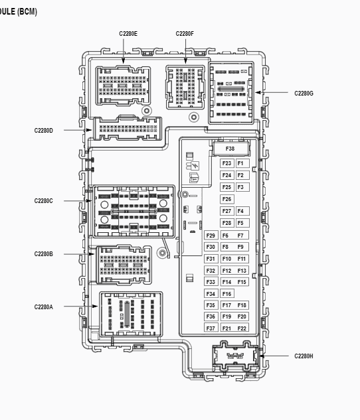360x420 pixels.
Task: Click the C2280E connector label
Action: point(128,34)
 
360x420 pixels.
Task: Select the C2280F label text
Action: point(185,34)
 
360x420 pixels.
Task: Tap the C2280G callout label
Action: point(304,93)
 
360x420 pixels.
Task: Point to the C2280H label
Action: point(304,356)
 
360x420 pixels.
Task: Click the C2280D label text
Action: point(43,131)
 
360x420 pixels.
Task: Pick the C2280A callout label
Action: point(43,307)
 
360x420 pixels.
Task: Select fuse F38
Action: point(230,149)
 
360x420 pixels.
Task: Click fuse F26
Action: point(226,199)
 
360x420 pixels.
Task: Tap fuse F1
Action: point(242,163)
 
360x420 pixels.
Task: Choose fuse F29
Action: point(211,236)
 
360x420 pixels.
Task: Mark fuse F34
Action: point(211,294)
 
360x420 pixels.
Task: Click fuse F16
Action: point(226,294)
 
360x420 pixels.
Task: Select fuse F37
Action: point(211,328)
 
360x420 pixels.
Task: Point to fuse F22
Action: point(242,328)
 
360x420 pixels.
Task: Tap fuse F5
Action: point(242,223)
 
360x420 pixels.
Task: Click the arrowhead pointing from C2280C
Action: point(89,200)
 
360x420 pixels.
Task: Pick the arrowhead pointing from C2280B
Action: point(92,254)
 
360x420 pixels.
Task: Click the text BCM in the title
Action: point(27,12)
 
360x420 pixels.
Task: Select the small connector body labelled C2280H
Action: point(235,356)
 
